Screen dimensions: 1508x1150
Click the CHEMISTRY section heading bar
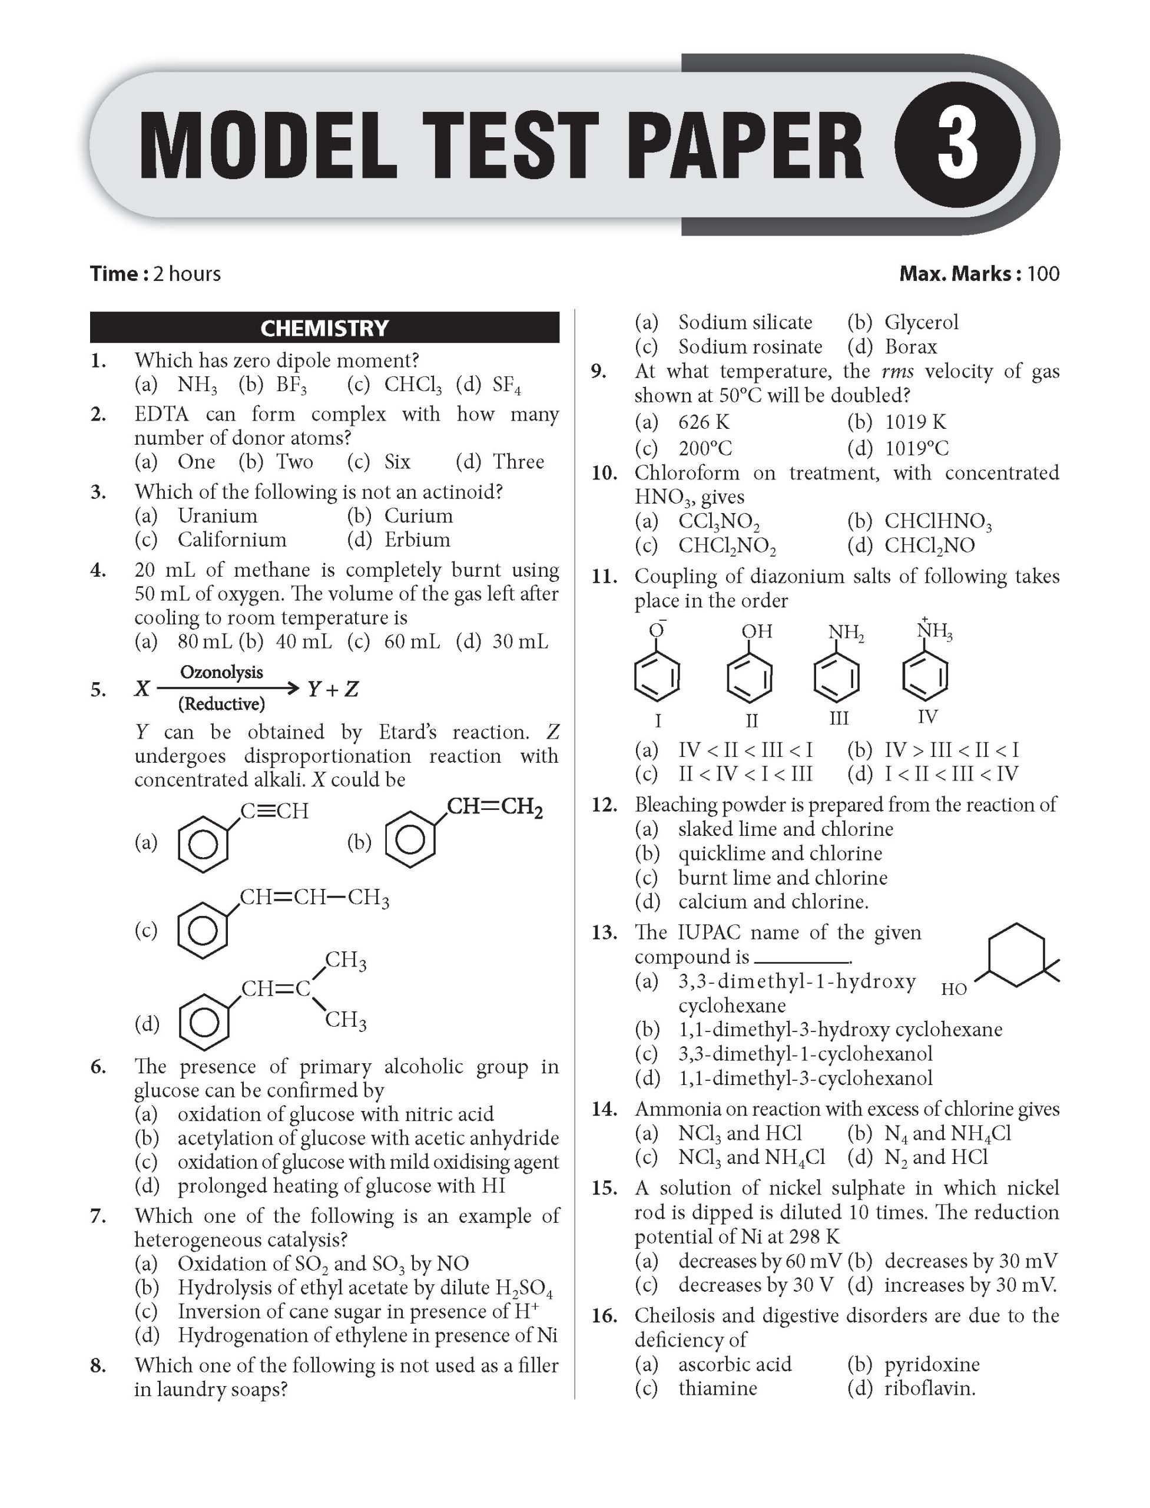324,328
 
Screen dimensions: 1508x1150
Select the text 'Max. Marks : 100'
978,274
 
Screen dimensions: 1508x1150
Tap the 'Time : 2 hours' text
155,274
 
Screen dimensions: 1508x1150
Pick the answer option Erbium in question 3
416,540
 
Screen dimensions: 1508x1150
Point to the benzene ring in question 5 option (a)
203,846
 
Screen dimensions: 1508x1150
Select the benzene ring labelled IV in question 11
926,677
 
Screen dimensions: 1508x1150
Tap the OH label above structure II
757,631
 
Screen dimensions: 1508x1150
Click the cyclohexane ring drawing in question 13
1016,955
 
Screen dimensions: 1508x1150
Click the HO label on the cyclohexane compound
953,989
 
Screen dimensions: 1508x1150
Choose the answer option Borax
910,346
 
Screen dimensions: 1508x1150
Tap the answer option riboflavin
929,1389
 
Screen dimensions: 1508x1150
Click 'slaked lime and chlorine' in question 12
785,829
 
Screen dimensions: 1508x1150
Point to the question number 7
98,1217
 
